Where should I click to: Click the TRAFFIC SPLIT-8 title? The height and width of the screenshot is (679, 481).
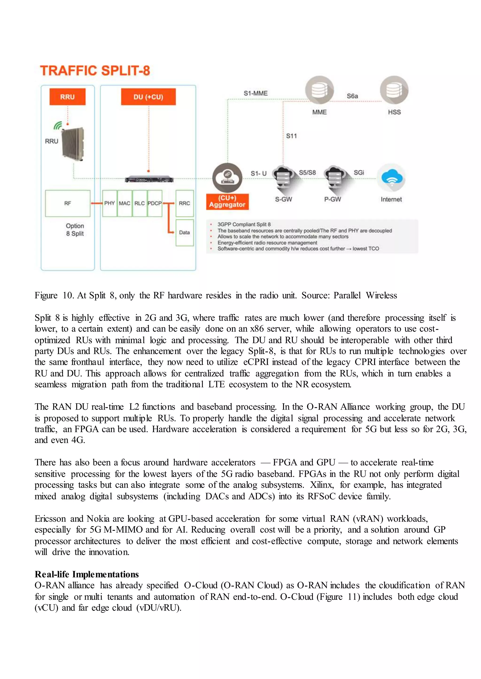click(x=95, y=71)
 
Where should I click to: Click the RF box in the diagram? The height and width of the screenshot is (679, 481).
click(x=68, y=204)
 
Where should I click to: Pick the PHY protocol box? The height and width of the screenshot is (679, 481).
click(x=109, y=204)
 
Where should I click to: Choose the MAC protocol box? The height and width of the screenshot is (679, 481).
click(x=124, y=204)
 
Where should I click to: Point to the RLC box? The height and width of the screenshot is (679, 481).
click(x=140, y=204)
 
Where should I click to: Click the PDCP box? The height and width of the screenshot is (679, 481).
click(x=155, y=204)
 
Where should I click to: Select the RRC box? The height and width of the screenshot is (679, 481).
click(x=185, y=204)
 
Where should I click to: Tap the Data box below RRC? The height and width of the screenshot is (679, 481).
click(x=185, y=232)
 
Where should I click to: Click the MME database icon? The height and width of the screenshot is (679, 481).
click(x=319, y=91)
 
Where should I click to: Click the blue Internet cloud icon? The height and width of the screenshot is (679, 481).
click(x=392, y=178)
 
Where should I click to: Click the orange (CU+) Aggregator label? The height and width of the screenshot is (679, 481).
click(x=227, y=202)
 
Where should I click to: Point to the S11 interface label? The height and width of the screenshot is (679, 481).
click(x=291, y=136)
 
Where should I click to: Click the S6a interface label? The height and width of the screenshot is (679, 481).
click(x=352, y=96)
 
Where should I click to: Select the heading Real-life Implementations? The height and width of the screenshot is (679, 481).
click(x=86, y=574)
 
